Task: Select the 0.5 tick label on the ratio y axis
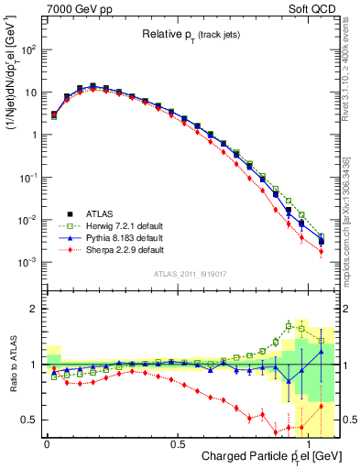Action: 30,420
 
